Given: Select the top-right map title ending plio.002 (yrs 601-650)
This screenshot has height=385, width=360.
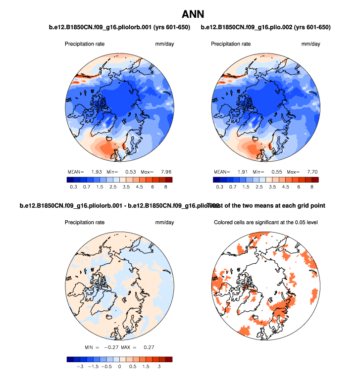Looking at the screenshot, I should pos(266,27).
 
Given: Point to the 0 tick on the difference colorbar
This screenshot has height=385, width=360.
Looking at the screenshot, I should pos(119,367).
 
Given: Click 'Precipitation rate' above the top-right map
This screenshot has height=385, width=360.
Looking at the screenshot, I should pos(230,44).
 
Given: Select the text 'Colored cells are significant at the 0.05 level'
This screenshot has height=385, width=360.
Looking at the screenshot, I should pos(265,222).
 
